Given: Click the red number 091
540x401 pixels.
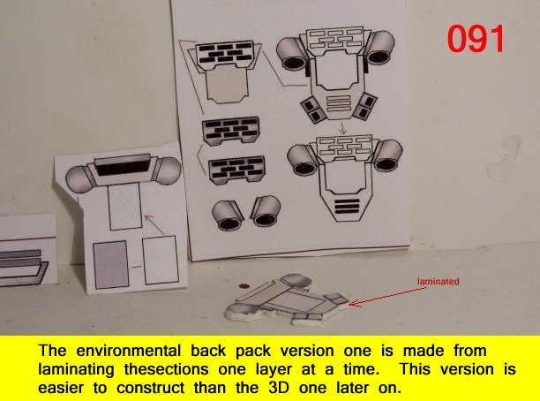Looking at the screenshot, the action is (x=476, y=39).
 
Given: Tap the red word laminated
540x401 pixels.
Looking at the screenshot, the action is (x=438, y=282).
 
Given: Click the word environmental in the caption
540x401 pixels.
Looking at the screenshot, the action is (x=128, y=352).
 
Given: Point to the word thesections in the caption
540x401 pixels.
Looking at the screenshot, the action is (x=167, y=369).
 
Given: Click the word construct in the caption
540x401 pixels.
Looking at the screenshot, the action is (x=151, y=388).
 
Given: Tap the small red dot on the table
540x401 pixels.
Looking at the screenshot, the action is (x=244, y=286).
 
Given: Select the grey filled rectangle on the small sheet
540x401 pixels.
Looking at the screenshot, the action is (x=111, y=264).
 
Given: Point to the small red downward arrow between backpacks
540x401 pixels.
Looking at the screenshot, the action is (x=342, y=127).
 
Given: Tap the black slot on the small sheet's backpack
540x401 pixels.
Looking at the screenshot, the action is (x=123, y=168).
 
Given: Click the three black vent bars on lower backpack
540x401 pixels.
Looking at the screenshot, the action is (x=347, y=206).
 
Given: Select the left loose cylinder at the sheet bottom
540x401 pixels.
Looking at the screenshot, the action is (x=228, y=216).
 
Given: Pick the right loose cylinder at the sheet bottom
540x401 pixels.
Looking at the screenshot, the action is (x=266, y=211).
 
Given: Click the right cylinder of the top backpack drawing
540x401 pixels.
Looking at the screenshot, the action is (x=380, y=48).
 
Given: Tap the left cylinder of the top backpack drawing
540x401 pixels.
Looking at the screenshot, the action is (x=292, y=54).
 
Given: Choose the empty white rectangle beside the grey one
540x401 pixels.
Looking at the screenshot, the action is (x=161, y=260).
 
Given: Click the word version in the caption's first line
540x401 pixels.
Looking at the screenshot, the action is (x=307, y=352).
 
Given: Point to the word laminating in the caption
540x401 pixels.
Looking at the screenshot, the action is (x=76, y=370).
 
